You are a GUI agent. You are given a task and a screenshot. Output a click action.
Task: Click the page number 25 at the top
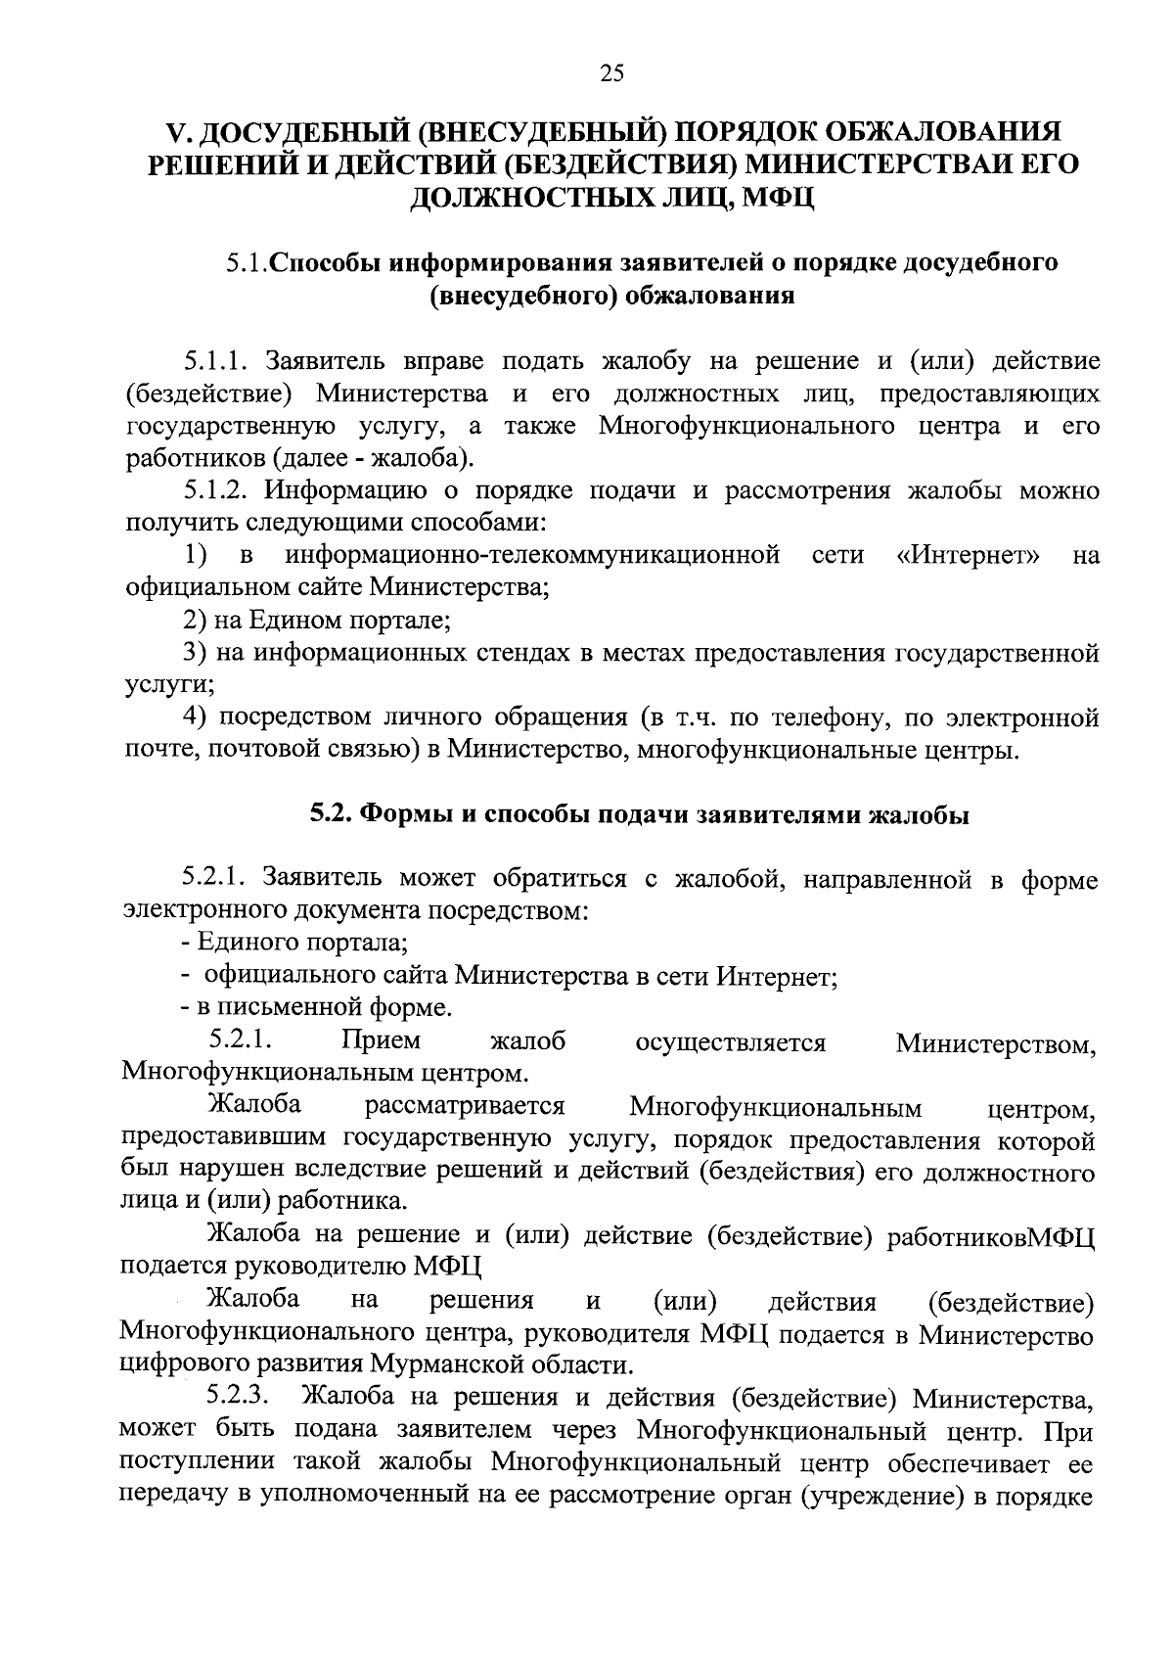610,73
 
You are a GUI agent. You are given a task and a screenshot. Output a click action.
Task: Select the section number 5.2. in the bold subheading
333,814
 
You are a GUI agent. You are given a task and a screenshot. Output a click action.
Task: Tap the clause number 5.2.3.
241,1397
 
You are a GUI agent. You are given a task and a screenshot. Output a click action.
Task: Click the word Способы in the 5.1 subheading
325,263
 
